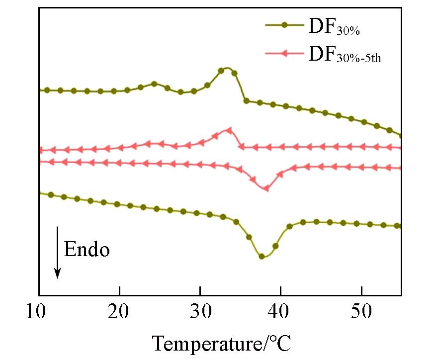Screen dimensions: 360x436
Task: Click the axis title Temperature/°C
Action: click(221, 343)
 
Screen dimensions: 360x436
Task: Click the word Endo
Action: click(87, 250)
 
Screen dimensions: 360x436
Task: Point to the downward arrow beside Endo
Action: click(58, 252)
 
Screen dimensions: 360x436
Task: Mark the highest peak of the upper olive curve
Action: click(226, 68)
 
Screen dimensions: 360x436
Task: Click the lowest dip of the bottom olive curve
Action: click(262, 257)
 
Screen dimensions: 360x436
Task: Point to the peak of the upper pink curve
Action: click(229, 129)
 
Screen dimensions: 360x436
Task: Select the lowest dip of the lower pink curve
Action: click(266, 188)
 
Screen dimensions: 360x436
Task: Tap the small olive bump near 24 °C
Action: click(154, 84)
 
